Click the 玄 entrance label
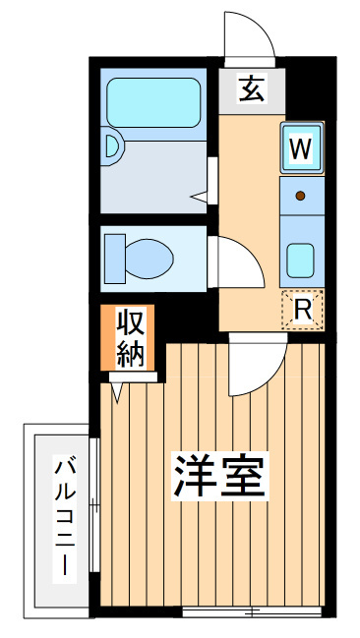252,88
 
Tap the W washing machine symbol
301,147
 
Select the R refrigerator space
303,310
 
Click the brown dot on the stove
301,196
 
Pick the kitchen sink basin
300,261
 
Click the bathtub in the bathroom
153,102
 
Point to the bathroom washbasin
111,146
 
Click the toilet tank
115,259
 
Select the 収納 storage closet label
131,337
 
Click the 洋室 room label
220,477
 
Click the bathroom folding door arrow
199,198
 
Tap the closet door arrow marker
117,392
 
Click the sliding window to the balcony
94,505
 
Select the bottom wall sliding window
252,611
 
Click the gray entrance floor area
252,91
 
